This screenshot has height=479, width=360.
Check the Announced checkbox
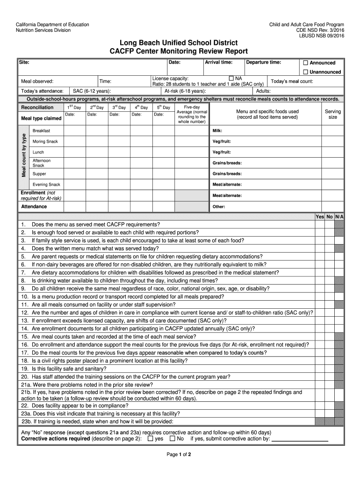click(306, 63)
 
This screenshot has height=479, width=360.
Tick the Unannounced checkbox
click(306, 72)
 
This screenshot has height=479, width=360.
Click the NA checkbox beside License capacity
click(231, 78)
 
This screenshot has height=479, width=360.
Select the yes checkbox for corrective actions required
click(150, 439)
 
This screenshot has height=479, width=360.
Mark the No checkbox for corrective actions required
click(172, 439)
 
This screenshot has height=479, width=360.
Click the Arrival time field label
click(218, 62)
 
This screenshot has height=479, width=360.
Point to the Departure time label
click(264, 62)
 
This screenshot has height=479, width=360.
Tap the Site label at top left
click(24, 62)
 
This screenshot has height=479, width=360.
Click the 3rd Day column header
click(119, 108)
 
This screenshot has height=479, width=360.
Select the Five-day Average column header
click(192, 114)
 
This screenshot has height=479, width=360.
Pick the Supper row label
click(39, 174)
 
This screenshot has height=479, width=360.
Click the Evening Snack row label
click(46, 185)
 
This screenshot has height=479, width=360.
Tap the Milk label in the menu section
click(217, 131)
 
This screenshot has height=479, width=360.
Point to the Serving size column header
click(333, 114)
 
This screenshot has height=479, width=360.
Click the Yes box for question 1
click(319, 224)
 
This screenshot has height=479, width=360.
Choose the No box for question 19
click(329, 369)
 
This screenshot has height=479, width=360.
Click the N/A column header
click(339, 217)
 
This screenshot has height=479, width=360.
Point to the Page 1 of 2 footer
click(180, 454)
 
